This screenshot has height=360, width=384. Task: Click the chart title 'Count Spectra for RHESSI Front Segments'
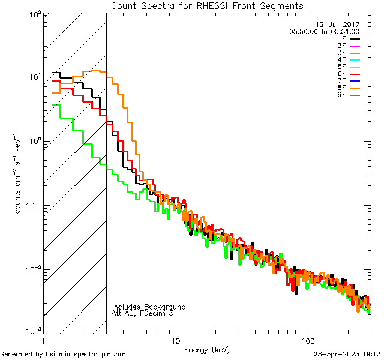click(207, 6)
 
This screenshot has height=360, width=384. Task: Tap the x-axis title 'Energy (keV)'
click(206, 349)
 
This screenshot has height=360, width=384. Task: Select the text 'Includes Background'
click(149, 307)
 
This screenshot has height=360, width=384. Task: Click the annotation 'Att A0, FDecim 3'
click(143, 313)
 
